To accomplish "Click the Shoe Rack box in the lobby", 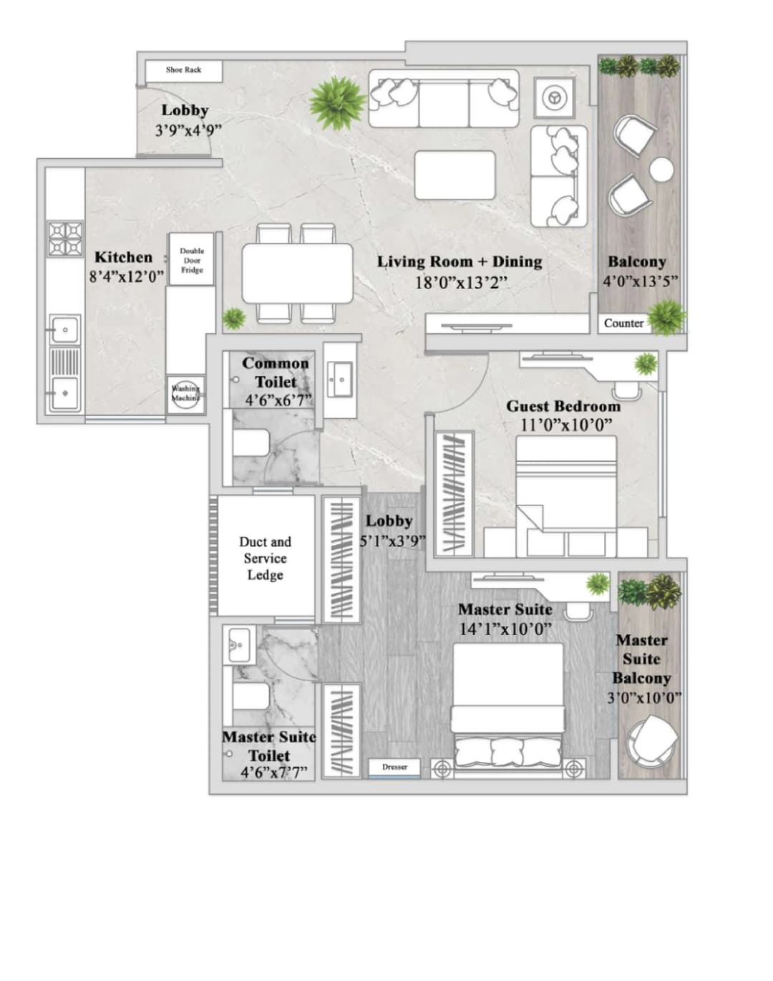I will tap(183, 70).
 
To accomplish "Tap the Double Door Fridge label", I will tap(192, 261).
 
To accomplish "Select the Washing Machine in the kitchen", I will tap(185, 394).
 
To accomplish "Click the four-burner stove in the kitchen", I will tap(65, 239).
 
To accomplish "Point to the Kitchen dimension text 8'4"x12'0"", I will tap(127, 276).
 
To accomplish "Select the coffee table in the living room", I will tap(454, 175).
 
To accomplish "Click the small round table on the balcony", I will tap(661, 170).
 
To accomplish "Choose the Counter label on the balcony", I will tap(623, 323).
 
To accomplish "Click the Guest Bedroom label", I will tap(563, 406).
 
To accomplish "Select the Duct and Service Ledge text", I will tap(265, 559).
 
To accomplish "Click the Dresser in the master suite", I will tap(394, 767).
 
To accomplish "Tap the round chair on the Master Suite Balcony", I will tap(652, 742).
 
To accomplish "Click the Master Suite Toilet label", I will tap(268, 746).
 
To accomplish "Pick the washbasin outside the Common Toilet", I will tap(339, 378).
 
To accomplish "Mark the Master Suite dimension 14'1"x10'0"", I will tap(505, 629).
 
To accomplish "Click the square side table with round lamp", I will tap(554, 97).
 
